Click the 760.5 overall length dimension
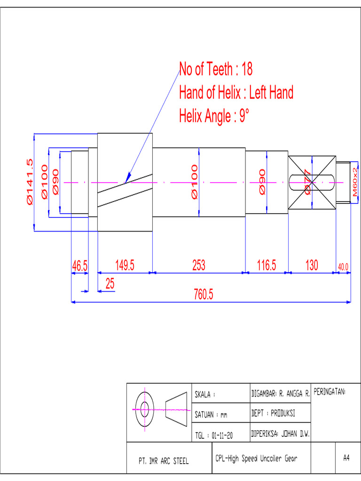tap(204, 295)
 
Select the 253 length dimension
tap(199, 265)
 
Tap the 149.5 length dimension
tap(125, 265)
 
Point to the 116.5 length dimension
tap(266, 265)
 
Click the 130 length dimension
tap(312, 265)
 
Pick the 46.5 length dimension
tap(79, 266)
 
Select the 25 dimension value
tap(110, 284)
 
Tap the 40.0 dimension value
tap(343, 267)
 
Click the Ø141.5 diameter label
tap(30, 182)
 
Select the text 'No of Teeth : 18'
tap(216, 70)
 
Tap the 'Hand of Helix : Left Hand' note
tap(236, 93)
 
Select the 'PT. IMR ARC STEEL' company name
tap(164, 461)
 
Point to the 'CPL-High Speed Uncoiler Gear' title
tap(256, 458)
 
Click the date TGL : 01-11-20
tap(214, 435)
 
